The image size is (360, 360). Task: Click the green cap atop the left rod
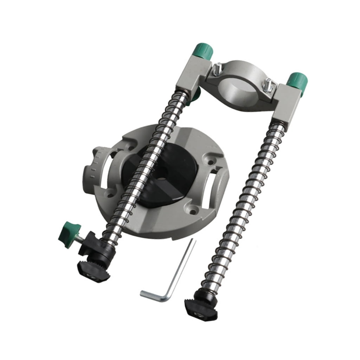click(x=204, y=51)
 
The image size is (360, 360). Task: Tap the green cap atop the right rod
click(x=297, y=80)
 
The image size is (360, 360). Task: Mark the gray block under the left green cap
click(x=191, y=73)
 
